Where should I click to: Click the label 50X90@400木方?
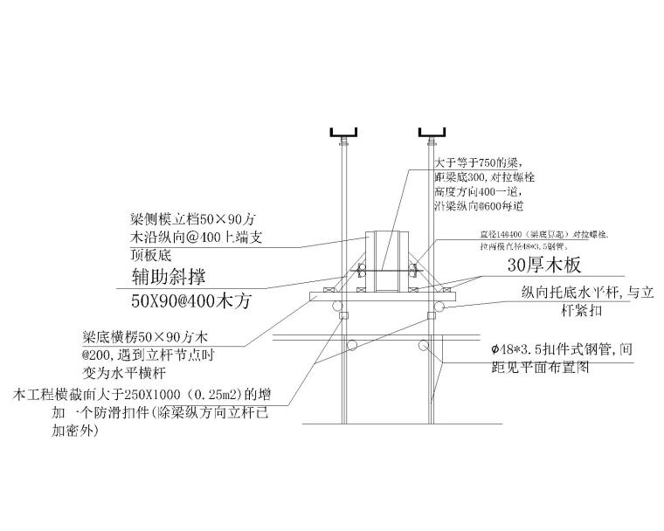pyautogui.click(x=190, y=302)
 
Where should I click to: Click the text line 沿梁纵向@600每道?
pyautogui.click(x=479, y=206)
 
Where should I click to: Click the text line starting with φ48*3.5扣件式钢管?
pyautogui.click(x=560, y=349)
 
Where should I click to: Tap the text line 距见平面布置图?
pyautogui.click(x=543, y=368)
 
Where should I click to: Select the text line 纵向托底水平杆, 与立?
pyautogui.click(x=587, y=293)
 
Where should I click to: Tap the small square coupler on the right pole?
pyautogui.click(x=430, y=314)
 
